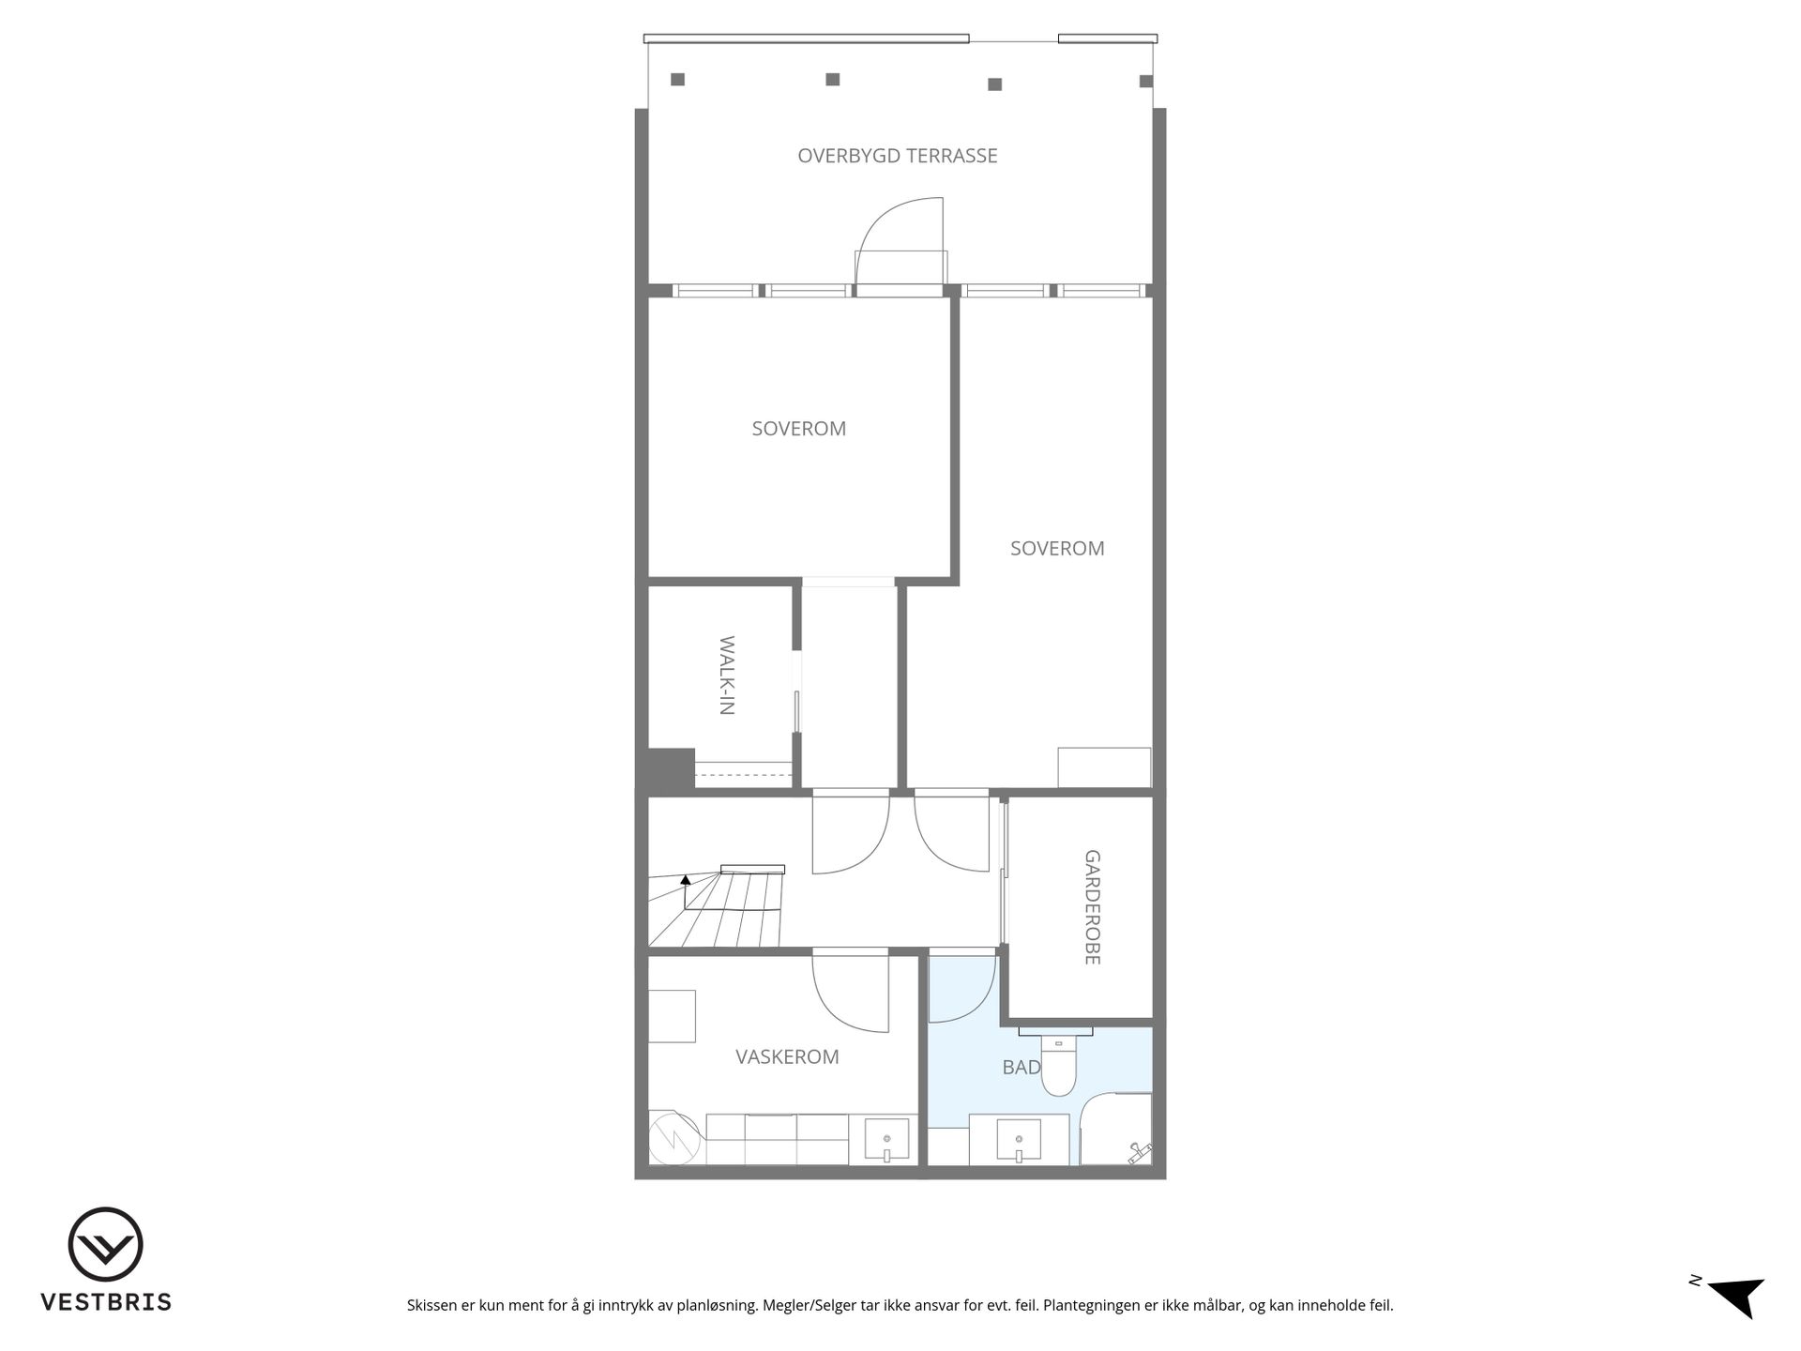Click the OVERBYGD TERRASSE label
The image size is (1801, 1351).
(x=898, y=156)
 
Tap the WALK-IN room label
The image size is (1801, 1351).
(x=727, y=675)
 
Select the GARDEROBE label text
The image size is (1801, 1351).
(x=1092, y=907)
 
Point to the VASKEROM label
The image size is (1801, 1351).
(x=787, y=1056)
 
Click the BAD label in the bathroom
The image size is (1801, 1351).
(x=1022, y=1067)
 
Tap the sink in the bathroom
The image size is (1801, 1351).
(x=1019, y=1140)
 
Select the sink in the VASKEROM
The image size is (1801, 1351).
(x=886, y=1140)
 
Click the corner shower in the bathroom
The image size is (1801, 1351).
(x=1116, y=1129)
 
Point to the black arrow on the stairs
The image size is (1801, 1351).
(x=686, y=880)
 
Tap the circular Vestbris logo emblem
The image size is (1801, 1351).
(x=105, y=1244)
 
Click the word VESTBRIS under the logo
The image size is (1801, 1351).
(x=106, y=1302)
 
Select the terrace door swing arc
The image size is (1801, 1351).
(x=891, y=222)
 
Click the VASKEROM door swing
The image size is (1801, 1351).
(x=850, y=993)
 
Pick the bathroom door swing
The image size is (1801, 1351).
(x=962, y=990)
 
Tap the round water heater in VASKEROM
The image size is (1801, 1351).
(x=673, y=1138)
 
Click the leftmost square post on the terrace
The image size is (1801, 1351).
(x=677, y=80)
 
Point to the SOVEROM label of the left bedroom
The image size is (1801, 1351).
(x=799, y=429)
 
